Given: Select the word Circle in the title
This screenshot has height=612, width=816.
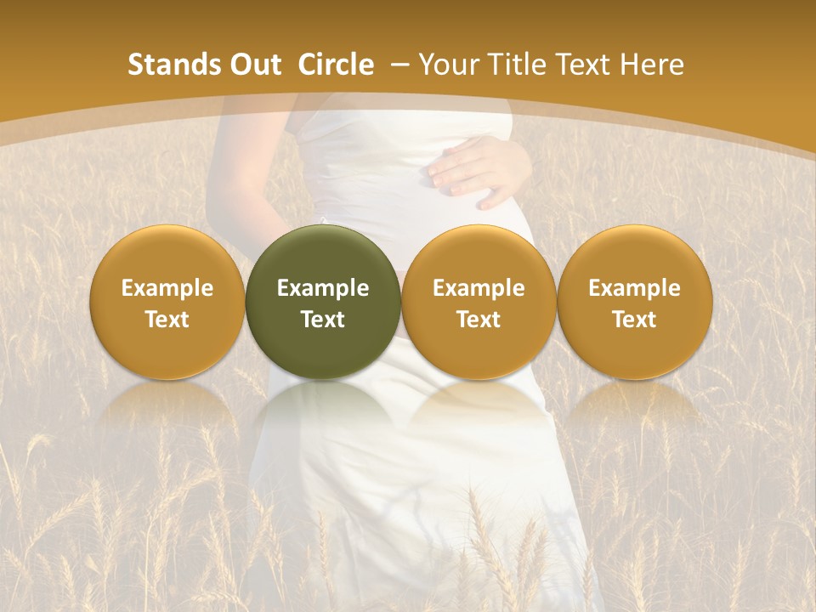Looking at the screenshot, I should [x=336, y=65].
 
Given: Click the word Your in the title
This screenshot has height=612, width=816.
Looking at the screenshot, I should [x=446, y=65].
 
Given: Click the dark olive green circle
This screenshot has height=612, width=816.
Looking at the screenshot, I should [x=323, y=302].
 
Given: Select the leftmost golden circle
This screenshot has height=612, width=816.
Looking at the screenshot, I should [x=167, y=302].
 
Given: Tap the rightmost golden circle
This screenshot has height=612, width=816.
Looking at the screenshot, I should [x=634, y=302].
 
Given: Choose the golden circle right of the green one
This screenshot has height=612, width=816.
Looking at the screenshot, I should [x=479, y=302].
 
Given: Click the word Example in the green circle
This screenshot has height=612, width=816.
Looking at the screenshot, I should [x=323, y=288].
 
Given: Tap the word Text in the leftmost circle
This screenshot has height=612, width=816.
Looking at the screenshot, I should [x=167, y=320].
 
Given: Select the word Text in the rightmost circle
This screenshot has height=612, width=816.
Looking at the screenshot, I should [x=634, y=320].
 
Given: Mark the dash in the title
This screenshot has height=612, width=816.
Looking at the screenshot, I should [x=401, y=65].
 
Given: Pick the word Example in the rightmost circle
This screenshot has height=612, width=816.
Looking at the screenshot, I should [x=634, y=288].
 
